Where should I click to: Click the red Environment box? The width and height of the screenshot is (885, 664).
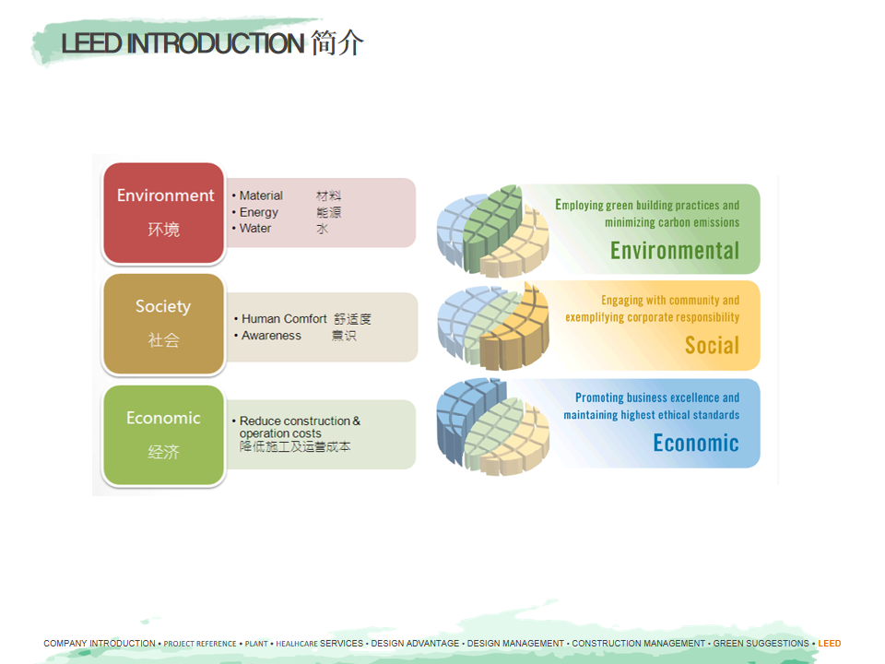[164, 213]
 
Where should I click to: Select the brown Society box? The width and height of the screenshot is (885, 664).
[164, 324]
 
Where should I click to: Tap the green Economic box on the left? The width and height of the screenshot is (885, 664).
[164, 434]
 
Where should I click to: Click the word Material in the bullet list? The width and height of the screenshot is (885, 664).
[261, 196]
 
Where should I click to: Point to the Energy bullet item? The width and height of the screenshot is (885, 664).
[258, 212]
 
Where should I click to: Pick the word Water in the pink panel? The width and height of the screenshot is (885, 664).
[255, 228]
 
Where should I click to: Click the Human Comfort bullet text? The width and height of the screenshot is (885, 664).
[284, 319]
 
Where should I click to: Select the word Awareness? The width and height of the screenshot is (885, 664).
[271, 336]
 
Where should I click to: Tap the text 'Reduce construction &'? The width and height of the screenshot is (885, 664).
[300, 421]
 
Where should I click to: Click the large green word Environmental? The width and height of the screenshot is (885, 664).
[675, 251]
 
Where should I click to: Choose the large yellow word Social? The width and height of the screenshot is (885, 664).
[712, 345]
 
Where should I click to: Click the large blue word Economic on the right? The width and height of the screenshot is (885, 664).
[696, 443]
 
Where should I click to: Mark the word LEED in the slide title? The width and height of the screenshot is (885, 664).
[91, 43]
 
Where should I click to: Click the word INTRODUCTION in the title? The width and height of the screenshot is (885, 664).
[216, 43]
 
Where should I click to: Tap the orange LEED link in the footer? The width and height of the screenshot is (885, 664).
[829, 643]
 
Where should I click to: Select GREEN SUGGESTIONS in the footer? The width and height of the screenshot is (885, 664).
[761, 643]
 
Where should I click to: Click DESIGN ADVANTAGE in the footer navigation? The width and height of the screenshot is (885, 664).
[415, 643]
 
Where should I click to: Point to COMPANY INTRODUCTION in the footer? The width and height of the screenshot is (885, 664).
[100, 643]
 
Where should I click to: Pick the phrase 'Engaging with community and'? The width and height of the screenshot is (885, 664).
[670, 301]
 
